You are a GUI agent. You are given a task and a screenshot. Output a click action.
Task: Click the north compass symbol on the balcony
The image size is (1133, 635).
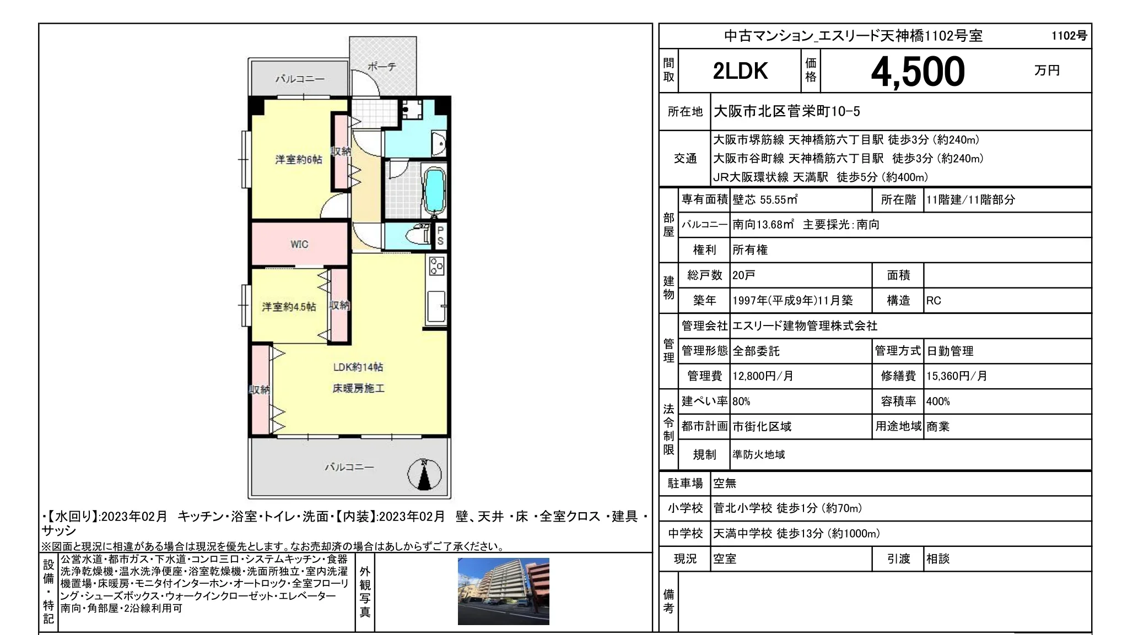pyautogui.click(x=424, y=474)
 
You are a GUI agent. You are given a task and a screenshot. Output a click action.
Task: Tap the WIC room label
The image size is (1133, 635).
pyautogui.click(x=299, y=244)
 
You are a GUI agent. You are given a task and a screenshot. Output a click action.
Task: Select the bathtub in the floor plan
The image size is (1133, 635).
pyautogui.click(x=434, y=191)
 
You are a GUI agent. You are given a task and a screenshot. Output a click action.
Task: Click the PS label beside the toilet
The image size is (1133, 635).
pyautogui.click(x=440, y=236)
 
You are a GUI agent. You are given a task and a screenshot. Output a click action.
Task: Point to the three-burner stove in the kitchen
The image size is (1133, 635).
pyautogui.click(x=437, y=266)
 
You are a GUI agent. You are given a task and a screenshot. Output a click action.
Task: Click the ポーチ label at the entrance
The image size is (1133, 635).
pyautogui.click(x=381, y=67)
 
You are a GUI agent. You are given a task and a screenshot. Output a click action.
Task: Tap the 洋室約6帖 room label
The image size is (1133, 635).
pyautogui.click(x=299, y=160)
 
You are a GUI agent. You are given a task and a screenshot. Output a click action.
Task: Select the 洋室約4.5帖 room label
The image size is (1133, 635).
pyautogui.click(x=289, y=307)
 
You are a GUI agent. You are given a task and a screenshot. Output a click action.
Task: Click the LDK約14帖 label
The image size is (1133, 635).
pyautogui.click(x=358, y=367)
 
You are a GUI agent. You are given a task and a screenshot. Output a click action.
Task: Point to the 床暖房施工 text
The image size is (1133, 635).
pyautogui.click(x=358, y=389)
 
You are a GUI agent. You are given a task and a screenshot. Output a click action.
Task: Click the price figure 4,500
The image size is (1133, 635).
pyautogui.click(x=918, y=72)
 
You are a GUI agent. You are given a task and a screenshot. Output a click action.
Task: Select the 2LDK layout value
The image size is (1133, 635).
pyautogui.click(x=740, y=71)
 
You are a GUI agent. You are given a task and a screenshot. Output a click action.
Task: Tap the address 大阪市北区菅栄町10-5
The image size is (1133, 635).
pyautogui.click(x=787, y=111)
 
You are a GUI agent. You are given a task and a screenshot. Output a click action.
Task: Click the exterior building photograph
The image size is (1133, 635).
pyautogui.click(x=504, y=591)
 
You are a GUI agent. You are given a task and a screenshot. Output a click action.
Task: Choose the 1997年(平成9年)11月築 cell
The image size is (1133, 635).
pyautogui.click(x=792, y=301)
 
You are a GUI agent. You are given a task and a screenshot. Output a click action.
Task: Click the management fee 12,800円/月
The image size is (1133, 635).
pyautogui.click(x=763, y=376)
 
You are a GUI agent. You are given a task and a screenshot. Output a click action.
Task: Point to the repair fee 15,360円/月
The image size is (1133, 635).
pyautogui.click(x=957, y=376)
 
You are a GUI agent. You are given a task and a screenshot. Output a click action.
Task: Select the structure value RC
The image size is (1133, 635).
pyautogui.click(x=934, y=301)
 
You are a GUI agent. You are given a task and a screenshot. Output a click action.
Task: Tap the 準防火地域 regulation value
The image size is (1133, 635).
pyautogui.click(x=759, y=455)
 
